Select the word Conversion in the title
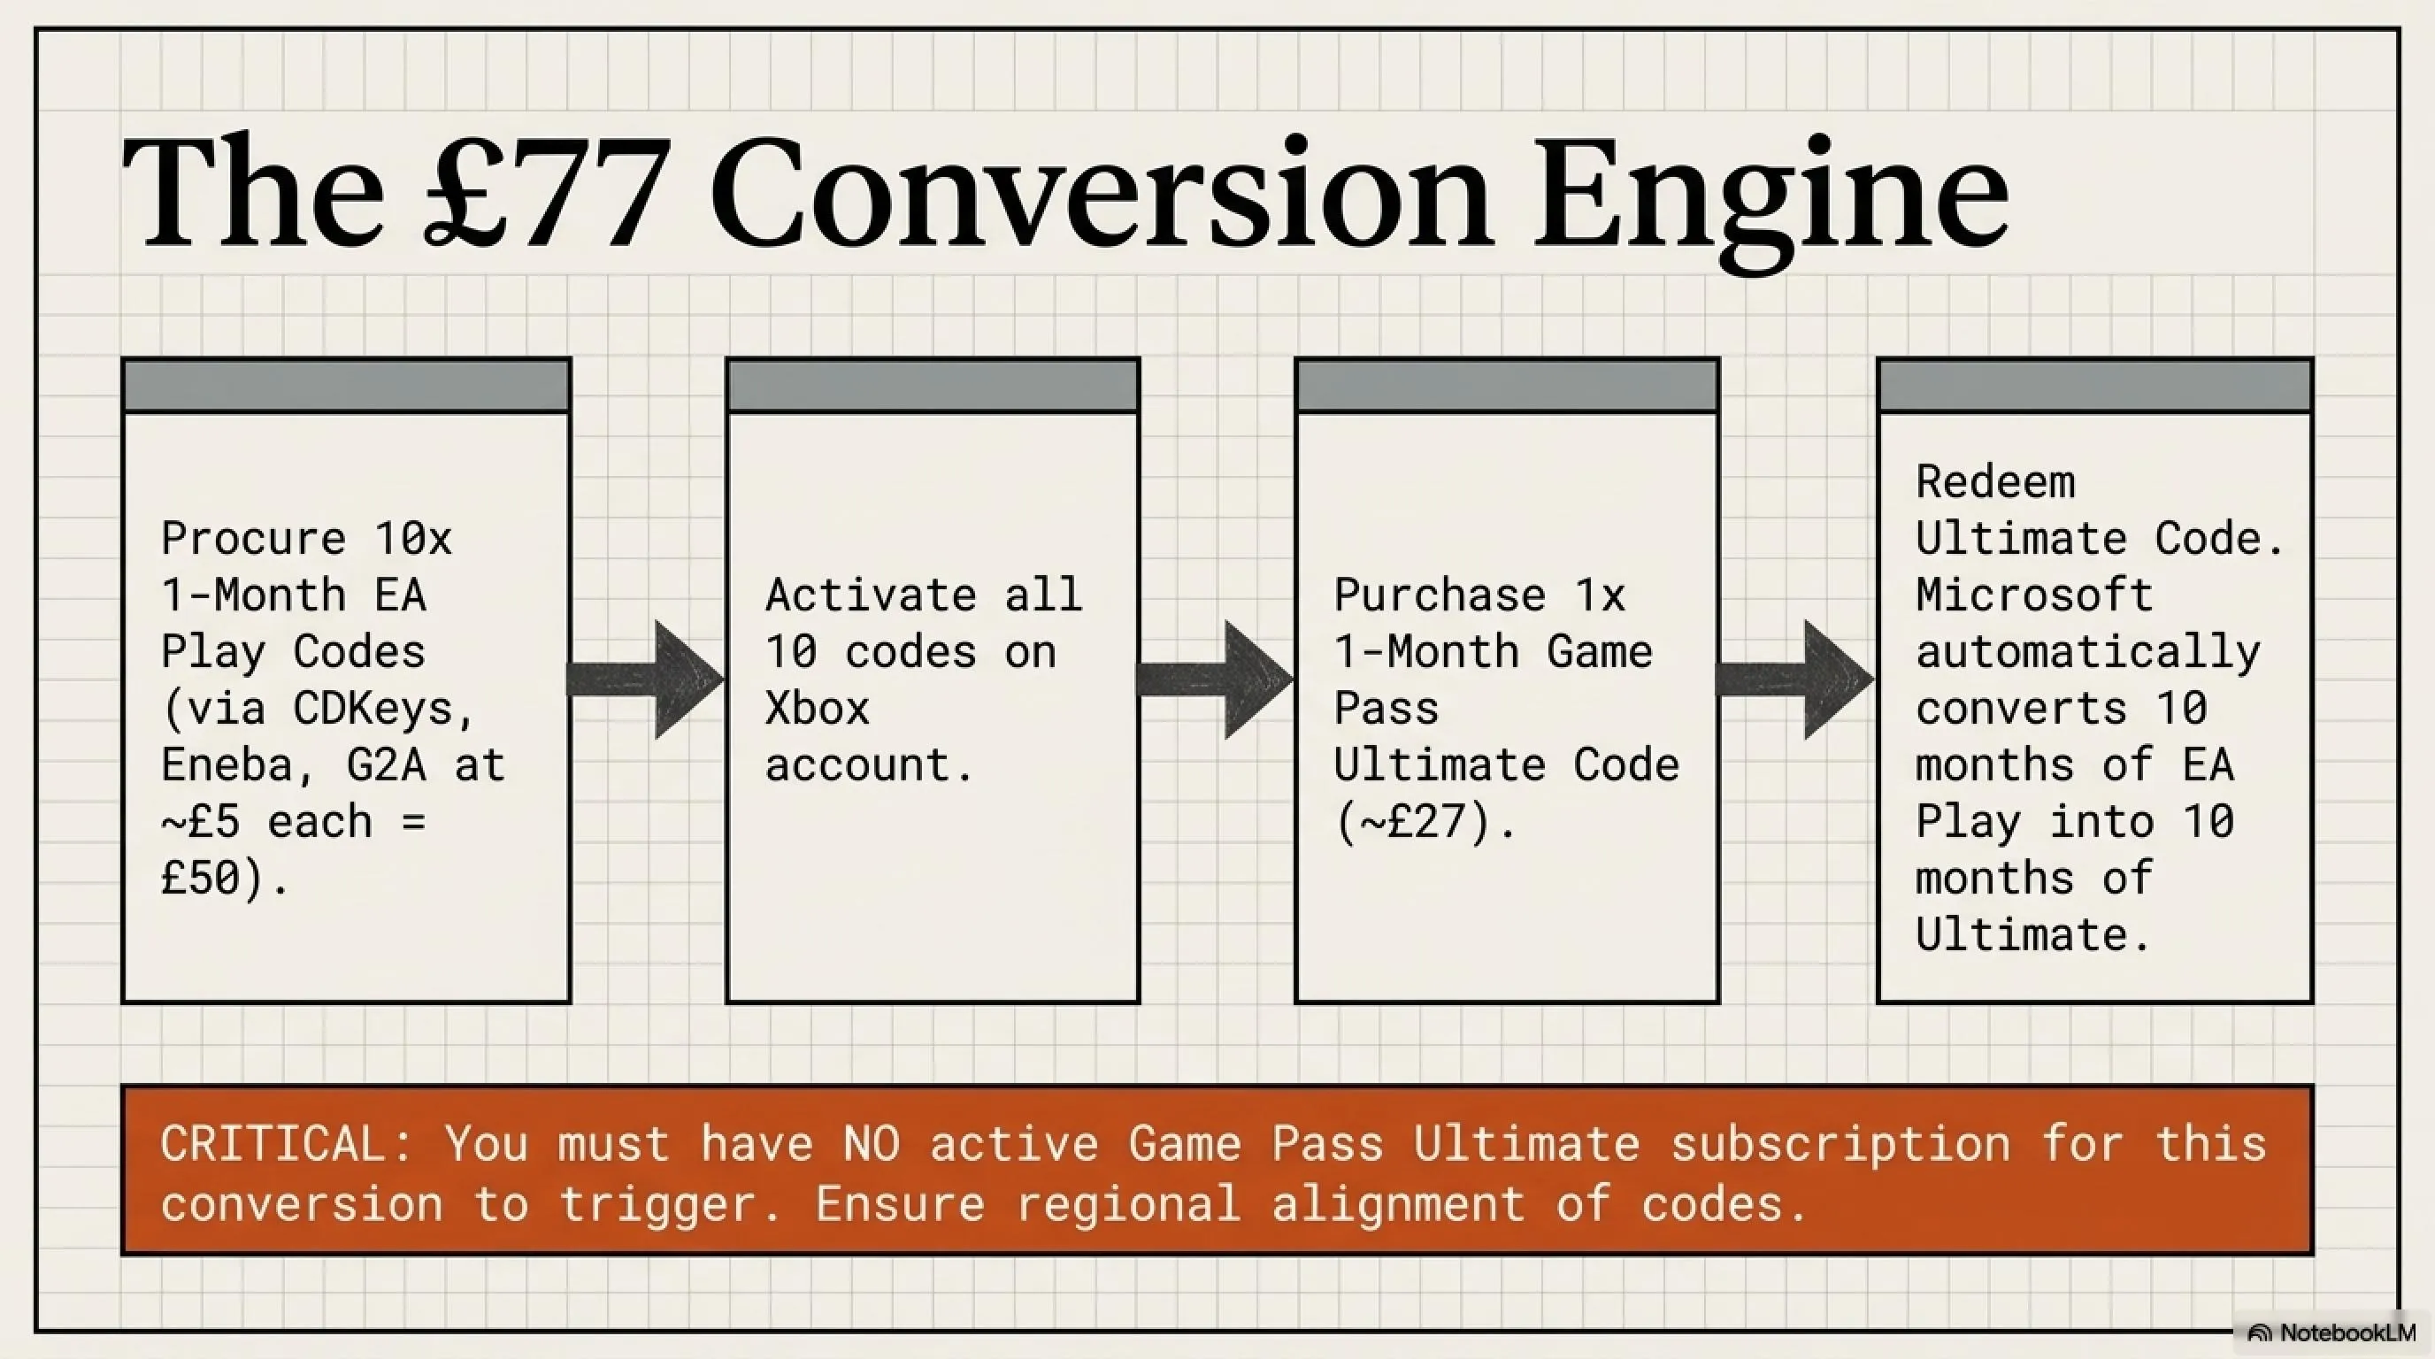pyautogui.click(x=1101, y=193)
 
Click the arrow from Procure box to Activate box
pyautogui.click(x=646, y=679)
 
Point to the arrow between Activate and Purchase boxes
pyautogui.click(x=1216, y=679)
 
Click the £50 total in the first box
pyautogui.click(x=202, y=878)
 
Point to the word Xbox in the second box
pyautogui.click(x=817, y=708)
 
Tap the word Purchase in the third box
pyautogui.click(x=1440, y=595)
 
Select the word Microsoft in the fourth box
pyautogui.click(x=2034, y=595)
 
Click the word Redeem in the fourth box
pyautogui.click(x=1995, y=482)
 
